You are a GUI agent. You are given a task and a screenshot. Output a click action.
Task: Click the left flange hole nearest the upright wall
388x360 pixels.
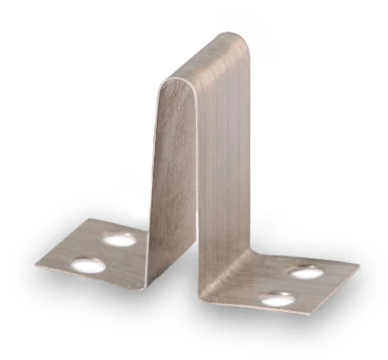(119, 239)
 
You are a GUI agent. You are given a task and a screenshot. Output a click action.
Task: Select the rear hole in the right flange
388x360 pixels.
(306, 271)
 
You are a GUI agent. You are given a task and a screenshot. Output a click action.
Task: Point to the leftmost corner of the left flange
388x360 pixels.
(36, 265)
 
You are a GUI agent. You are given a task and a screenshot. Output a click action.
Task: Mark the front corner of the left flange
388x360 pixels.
(142, 288)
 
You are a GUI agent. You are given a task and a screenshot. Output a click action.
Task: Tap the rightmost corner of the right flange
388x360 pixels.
(359, 268)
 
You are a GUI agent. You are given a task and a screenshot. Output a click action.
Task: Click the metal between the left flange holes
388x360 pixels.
(102, 253)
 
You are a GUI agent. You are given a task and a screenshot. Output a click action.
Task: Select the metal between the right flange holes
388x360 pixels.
(291, 285)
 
